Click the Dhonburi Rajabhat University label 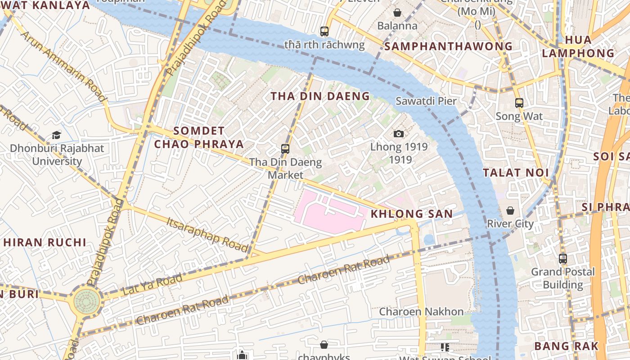[57, 155]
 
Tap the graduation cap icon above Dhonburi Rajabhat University [56, 135]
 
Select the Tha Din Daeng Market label [286, 168]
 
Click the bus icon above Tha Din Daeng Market [285, 148]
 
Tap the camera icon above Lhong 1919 [398, 134]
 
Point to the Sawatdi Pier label [426, 101]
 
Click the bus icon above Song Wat [519, 103]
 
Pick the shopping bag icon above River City [510, 211]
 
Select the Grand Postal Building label [562, 278]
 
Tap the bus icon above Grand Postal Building [563, 259]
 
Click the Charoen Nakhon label [421, 311]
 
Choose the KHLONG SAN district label [411, 214]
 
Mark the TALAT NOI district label [516, 172]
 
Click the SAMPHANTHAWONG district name [448, 46]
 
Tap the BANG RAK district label [566, 346]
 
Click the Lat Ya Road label [152, 284]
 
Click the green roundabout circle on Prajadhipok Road [87, 301]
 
